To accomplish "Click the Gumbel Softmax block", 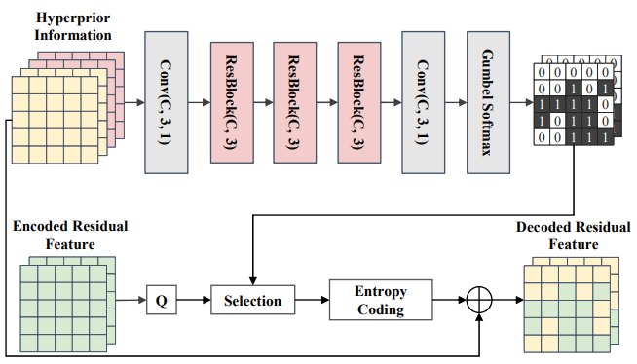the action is click(488, 102).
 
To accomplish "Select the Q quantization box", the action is click(162, 300).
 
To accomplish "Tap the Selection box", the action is click(252, 300).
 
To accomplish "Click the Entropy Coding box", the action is click(381, 300).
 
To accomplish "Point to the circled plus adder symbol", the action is click(479, 300).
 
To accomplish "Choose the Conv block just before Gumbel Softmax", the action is click(424, 102).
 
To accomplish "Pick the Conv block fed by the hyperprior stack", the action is click(167, 102).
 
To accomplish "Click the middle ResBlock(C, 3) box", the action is click(294, 102).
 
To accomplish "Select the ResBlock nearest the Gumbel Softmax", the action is click(359, 102).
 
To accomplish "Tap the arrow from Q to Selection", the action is click(194, 300).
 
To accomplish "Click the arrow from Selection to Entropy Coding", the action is click(312, 300).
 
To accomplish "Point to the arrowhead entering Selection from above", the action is click(252, 281).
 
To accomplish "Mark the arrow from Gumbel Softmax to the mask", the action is click(522, 102).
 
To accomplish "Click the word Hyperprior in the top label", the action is click(73, 18).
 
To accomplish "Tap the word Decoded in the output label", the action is click(543, 227).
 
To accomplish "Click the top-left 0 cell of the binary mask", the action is click(542, 72).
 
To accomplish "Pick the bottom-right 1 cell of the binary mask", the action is click(605, 137).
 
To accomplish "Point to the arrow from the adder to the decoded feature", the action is click(507, 300).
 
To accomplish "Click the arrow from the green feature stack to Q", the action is click(131, 300).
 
